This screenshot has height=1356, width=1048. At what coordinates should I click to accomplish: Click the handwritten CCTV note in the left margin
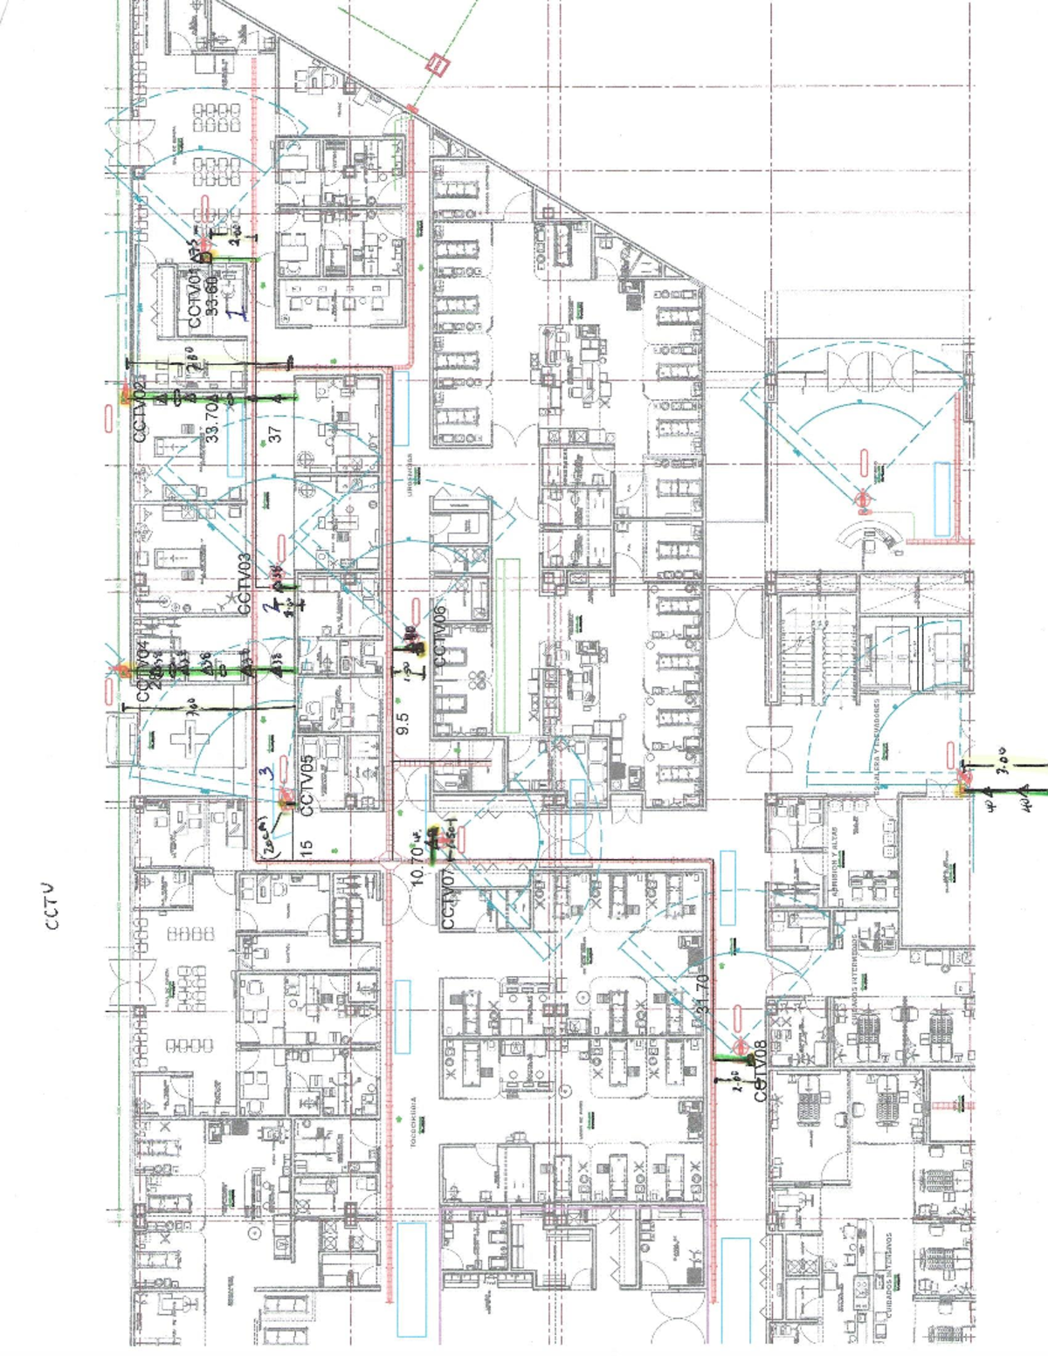pos(53,905)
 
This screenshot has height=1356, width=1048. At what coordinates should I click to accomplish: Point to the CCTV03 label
pos(244,583)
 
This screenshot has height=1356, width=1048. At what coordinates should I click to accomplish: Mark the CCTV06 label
pos(439,635)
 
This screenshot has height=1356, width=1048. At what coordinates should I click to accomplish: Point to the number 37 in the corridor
pos(275,433)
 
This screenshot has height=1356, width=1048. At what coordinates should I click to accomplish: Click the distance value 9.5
pos(403,721)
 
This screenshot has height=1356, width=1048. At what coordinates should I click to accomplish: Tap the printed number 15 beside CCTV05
pos(306,848)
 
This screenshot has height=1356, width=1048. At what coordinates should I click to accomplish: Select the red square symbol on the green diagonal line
pos(436,65)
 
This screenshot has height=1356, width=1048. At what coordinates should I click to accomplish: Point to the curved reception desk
pos(872,534)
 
